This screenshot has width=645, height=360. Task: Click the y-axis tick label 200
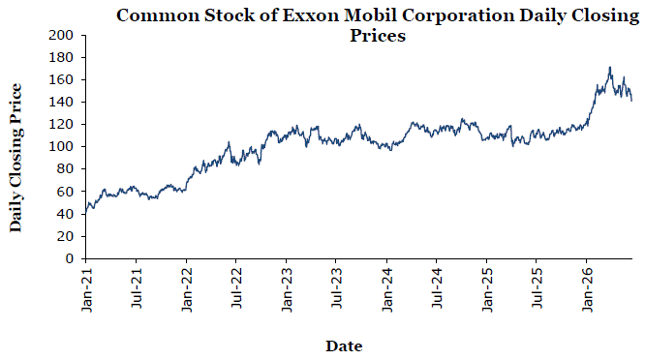pyautogui.click(x=60, y=36)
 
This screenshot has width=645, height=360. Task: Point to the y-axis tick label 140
pyautogui.click(x=60, y=102)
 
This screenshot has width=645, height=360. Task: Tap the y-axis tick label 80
pyautogui.click(x=65, y=169)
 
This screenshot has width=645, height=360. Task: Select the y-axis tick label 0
pyautogui.click(x=69, y=259)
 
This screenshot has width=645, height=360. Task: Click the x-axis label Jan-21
pyautogui.click(x=87, y=290)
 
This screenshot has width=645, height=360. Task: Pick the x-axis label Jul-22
pyautogui.click(x=236, y=288)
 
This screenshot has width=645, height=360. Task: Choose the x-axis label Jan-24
pyautogui.click(x=387, y=290)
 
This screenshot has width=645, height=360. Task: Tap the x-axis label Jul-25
pyautogui.click(x=537, y=288)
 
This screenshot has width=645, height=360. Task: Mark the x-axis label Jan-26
pyautogui.click(x=588, y=290)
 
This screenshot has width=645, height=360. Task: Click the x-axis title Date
pyautogui.click(x=344, y=346)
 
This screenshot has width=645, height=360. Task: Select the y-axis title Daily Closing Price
pyautogui.click(x=15, y=158)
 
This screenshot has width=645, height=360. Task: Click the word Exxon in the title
pyautogui.click(x=311, y=15)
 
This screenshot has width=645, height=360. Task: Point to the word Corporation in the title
pyautogui.click(x=458, y=16)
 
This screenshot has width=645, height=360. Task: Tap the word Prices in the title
pyautogui.click(x=378, y=36)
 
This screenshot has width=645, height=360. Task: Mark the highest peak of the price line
pyautogui.click(x=610, y=67)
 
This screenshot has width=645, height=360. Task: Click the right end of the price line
pyautogui.click(x=631, y=101)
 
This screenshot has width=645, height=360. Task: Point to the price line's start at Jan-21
pyautogui.click(x=85, y=213)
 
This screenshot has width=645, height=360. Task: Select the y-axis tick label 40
pyautogui.click(x=65, y=214)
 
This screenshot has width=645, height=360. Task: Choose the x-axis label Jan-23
pyautogui.click(x=287, y=290)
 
